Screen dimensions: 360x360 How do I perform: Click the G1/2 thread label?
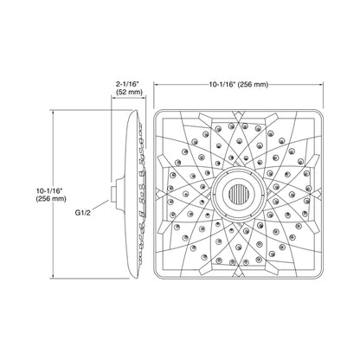[83, 213]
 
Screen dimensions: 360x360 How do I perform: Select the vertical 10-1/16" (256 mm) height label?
[51, 195]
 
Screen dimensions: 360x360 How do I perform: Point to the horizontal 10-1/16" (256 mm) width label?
[239, 85]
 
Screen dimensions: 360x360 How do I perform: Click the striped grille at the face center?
[238, 195]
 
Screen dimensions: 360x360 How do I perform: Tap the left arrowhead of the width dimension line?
[156, 85]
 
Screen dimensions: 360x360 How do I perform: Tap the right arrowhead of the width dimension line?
[321, 85]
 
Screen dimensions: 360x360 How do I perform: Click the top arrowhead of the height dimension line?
[53, 112]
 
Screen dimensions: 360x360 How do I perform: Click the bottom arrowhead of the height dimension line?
[53, 276]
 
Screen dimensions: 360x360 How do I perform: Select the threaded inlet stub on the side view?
[113, 194]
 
